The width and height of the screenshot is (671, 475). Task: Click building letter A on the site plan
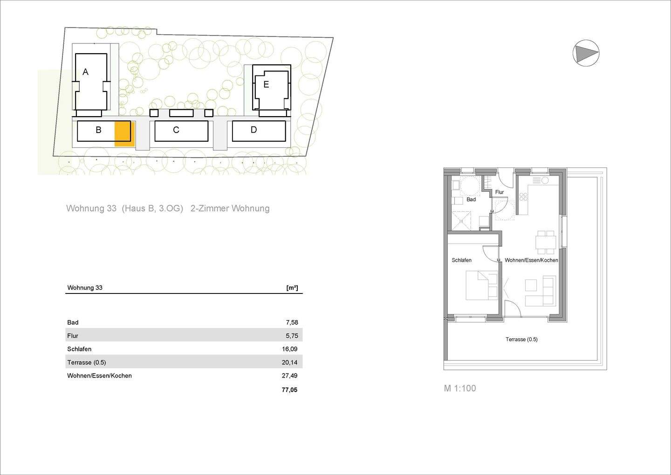85,72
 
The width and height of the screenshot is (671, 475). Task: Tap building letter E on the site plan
266,84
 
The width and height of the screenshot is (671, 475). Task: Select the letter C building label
176,130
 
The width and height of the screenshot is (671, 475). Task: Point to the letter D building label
253,129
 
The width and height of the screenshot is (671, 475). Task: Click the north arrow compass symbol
586,53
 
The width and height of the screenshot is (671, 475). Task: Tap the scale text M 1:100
459,388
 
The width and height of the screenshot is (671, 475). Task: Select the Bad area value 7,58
292,322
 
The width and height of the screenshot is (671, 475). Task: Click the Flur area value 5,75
292,335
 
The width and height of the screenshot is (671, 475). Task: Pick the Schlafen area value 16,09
290,349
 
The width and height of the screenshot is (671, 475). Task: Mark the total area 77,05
289,390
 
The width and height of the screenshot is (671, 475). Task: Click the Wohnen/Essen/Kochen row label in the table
99,376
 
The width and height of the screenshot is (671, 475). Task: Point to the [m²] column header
292,288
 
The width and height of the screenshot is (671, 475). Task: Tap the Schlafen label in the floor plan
461,260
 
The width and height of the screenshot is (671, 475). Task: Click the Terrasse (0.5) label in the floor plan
521,340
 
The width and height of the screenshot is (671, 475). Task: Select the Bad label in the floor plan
471,200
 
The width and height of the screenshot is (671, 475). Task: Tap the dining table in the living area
546,242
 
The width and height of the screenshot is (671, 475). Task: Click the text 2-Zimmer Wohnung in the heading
230,209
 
